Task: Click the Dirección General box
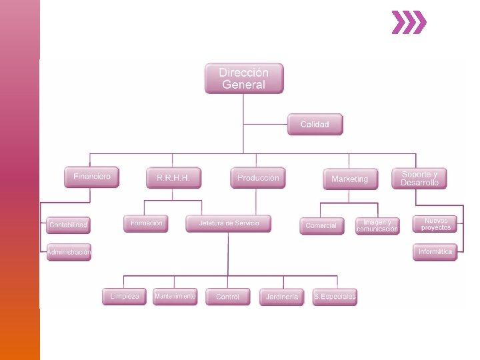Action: pos(244,79)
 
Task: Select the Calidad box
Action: pos(315,125)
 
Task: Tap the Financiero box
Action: pos(92,177)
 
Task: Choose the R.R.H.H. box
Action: pos(173,178)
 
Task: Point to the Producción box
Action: pos(258,178)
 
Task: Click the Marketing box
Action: pos(350,179)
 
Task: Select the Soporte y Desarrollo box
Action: pos(419,178)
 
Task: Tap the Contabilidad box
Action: pos(68,225)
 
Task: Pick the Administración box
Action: pos(69,253)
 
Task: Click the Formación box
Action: pos(146,223)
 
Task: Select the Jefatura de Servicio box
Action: pos(229,223)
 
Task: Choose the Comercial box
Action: pos(321,225)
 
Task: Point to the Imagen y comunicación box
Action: pos(377,225)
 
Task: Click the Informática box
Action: pos(435,252)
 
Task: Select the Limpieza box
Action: pos(125,297)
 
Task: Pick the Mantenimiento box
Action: pos(175,296)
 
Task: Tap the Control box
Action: pos(228,297)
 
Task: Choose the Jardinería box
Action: pos(282,297)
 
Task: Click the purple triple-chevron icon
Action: pos(408,22)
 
